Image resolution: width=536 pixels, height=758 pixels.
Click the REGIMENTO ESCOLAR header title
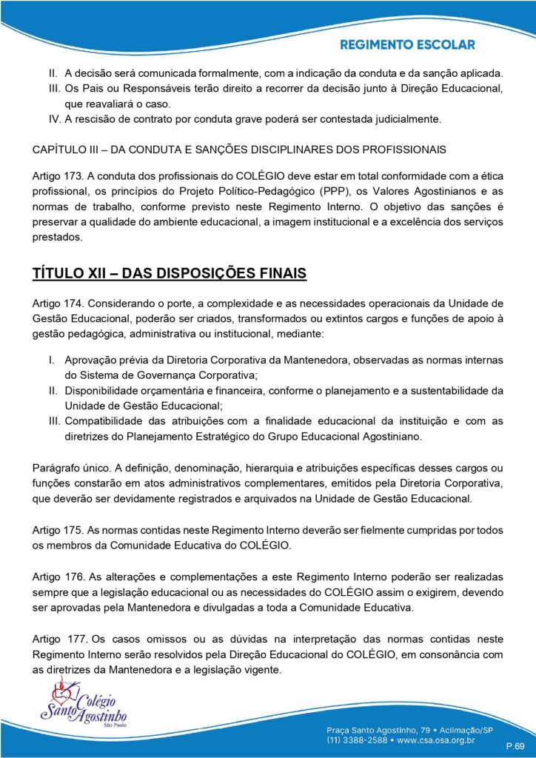[x=407, y=45]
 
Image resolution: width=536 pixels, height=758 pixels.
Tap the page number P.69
[x=515, y=744]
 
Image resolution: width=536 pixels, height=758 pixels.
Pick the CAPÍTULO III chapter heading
[x=239, y=150]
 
